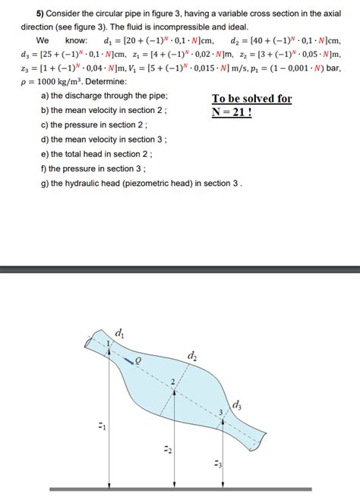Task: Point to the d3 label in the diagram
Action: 238,404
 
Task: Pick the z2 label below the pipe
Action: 169,451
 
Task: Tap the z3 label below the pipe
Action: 218,464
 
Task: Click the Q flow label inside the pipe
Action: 137,361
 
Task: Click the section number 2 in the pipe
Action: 172,379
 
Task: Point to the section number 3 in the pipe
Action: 221,412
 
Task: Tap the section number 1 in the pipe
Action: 109,345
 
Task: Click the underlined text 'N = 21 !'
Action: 241,112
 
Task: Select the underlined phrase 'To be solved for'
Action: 251,99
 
